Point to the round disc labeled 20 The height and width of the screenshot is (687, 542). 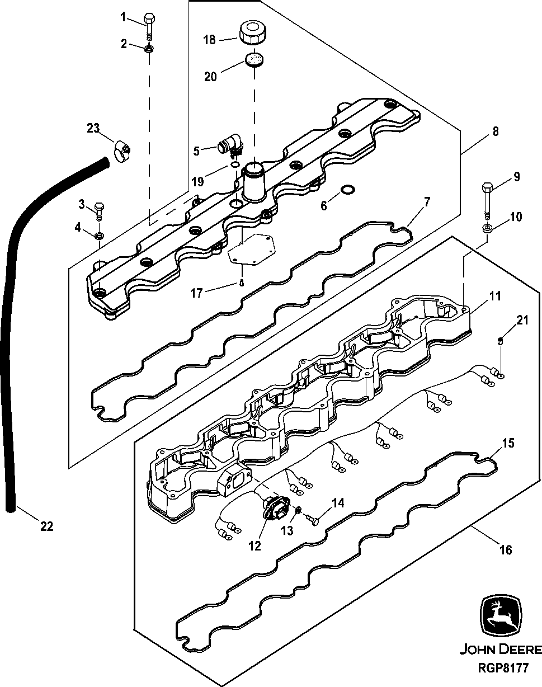pyautogui.click(x=255, y=59)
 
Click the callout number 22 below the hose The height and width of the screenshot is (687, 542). pyautogui.click(x=47, y=526)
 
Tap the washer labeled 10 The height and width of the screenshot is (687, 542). pyautogui.click(x=487, y=228)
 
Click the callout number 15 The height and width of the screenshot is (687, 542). pyautogui.click(x=508, y=444)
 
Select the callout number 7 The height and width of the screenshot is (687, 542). pyautogui.click(x=427, y=201)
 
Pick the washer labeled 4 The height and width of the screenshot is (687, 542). pyautogui.click(x=99, y=236)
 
